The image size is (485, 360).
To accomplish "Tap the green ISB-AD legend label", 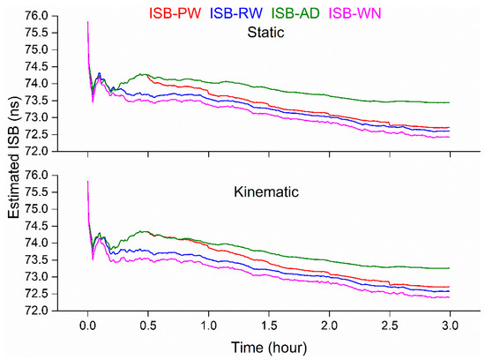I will pyautogui.click(x=359, y=12).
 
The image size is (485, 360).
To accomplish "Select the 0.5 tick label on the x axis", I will pyautogui.click(x=147, y=326).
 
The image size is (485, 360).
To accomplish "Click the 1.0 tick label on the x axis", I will pyautogui.click(x=207, y=326).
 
